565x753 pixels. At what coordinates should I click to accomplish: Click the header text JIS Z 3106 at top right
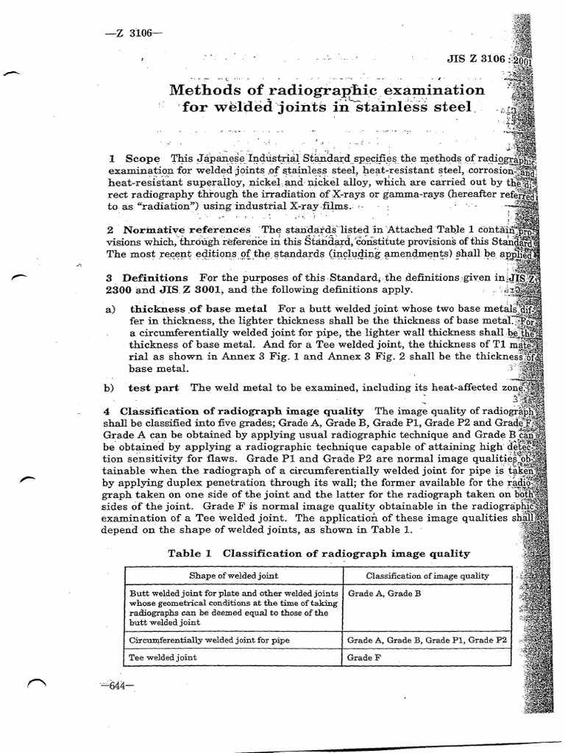click(476, 59)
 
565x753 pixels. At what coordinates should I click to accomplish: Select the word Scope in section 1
click(143, 158)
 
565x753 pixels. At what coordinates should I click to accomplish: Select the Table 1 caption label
click(189, 553)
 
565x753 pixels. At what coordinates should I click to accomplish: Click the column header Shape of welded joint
click(234, 575)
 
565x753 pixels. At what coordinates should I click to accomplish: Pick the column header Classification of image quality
click(427, 575)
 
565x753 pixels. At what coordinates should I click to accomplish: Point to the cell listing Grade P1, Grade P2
click(427, 640)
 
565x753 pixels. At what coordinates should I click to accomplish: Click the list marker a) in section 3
click(110, 310)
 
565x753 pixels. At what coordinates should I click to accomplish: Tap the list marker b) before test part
click(110, 387)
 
